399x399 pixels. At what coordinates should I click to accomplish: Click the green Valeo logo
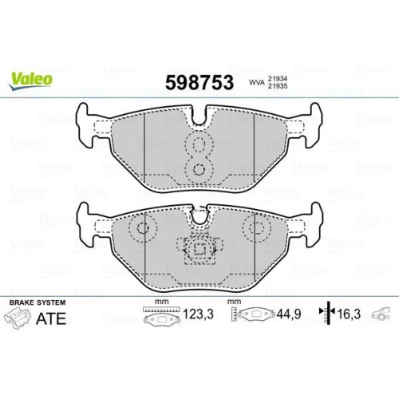31,78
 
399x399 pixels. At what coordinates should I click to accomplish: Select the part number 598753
198,82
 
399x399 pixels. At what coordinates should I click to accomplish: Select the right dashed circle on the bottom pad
256,228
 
